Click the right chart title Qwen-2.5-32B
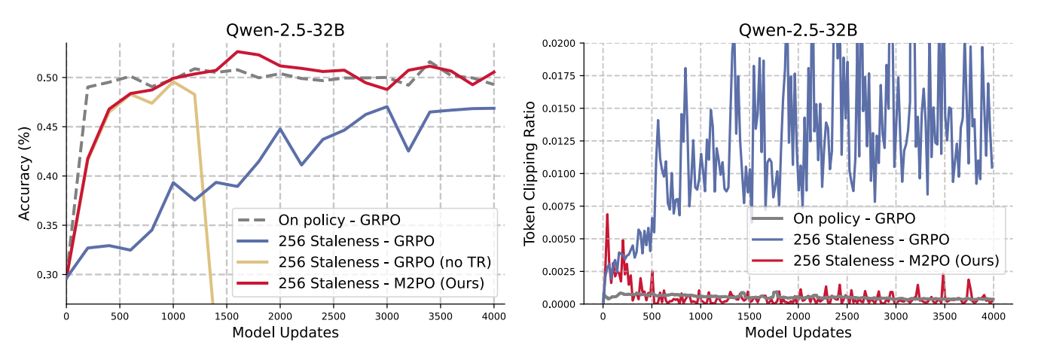(798, 31)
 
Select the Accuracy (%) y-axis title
(24, 174)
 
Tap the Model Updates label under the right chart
(798, 332)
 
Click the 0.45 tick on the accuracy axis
(49, 127)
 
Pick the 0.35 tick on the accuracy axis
(49, 225)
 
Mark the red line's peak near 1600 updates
(237, 52)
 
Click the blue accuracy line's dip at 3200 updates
(408, 151)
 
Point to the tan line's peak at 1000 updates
(173, 82)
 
